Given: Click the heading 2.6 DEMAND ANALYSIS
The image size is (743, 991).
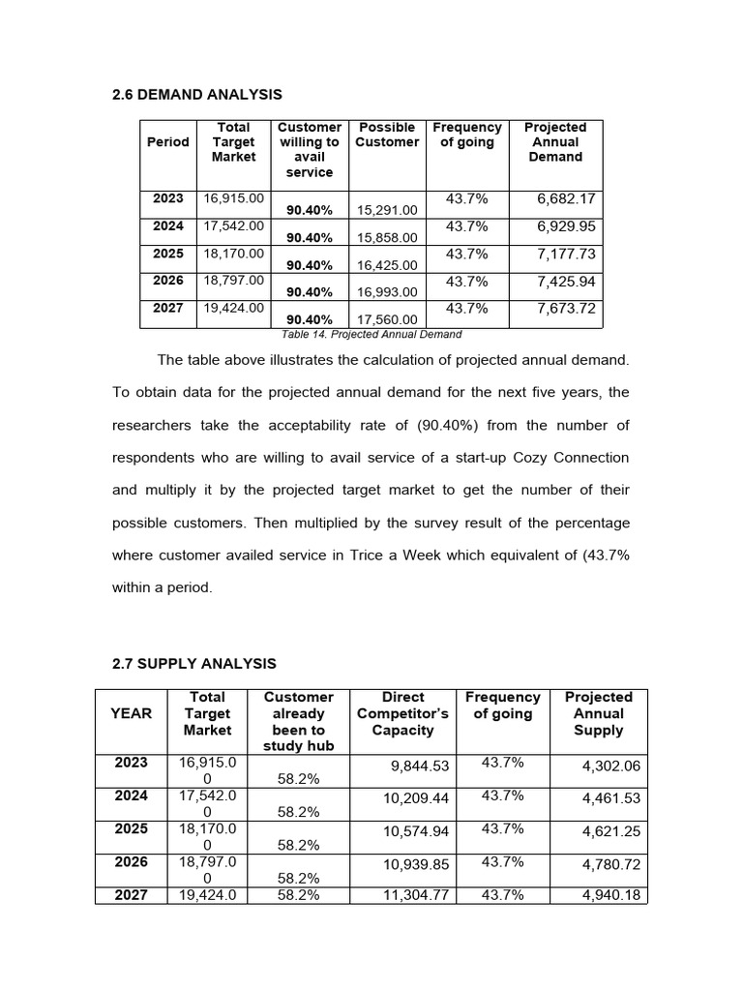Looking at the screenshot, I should (x=197, y=94).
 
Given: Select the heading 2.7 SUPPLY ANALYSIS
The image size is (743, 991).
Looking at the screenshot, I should (x=194, y=664).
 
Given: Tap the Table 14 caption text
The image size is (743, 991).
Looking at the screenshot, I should (x=371, y=334).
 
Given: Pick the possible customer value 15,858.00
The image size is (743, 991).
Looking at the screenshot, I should (x=387, y=237).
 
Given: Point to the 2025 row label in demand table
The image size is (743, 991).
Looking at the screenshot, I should (x=167, y=254).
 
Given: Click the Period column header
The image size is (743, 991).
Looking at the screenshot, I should (x=167, y=142).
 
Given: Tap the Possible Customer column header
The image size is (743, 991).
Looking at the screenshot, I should (x=387, y=135).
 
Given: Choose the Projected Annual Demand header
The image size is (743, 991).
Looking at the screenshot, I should (x=555, y=142).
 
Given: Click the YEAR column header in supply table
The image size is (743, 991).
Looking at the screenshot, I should (x=132, y=713).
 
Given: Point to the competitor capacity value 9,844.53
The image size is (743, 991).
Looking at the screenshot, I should (x=420, y=766).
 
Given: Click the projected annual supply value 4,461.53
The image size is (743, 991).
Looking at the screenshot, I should (x=610, y=798).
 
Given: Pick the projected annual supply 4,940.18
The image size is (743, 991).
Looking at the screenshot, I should (x=610, y=895).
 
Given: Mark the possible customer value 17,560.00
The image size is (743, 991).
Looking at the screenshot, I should (x=387, y=319).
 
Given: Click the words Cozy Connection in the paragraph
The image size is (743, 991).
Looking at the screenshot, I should (x=579, y=457).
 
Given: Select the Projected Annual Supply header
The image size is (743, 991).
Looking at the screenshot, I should (x=598, y=713).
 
